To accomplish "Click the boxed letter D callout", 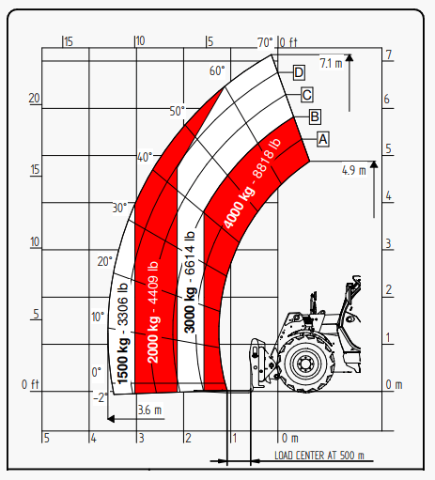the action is point(299,72).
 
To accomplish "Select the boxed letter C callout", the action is point(307,95).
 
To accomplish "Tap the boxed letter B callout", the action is point(315,116).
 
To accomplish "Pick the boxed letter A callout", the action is point(323,139).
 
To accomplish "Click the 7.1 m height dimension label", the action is point(331,63).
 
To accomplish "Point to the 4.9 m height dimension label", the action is point(354,170).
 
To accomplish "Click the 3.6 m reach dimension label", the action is point(149,410).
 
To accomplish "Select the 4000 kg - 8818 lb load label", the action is point(252,183).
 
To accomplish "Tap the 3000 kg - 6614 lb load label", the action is point(190,282).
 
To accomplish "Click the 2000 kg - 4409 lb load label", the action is point(153,312).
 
